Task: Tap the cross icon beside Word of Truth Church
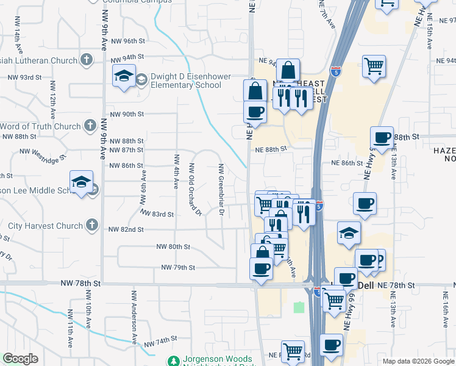click(90, 126)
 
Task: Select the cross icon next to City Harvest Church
click(92, 225)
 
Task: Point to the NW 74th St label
click(160, 342)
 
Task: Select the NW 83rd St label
click(157, 213)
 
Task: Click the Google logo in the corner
click(20, 359)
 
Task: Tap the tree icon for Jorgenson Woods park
click(175, 361)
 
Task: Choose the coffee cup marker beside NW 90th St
click(255, 112)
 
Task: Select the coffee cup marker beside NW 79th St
click(261, 268)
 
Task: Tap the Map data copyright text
click(417, 361)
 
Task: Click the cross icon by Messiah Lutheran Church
click(87, 60)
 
